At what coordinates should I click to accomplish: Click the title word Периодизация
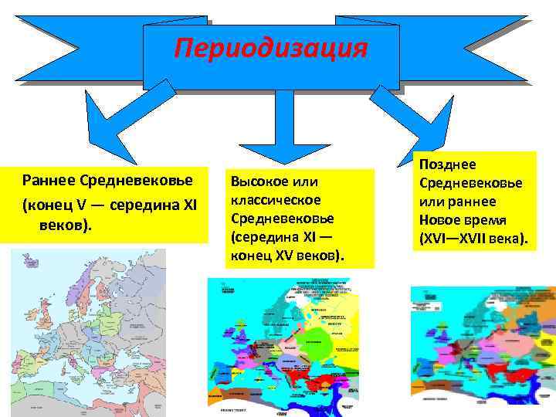[x=270, y=48]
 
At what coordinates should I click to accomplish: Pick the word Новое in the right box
[x=440, y=219]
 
